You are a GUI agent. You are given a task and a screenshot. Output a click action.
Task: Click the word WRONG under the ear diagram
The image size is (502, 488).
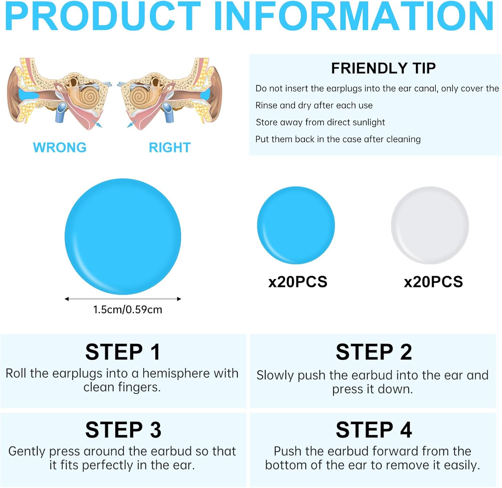(x=60, y=147)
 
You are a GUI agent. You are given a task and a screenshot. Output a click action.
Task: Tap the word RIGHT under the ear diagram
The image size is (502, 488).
(x=170, y=147)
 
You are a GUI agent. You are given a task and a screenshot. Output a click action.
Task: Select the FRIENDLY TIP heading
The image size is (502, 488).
(x=383, y=68)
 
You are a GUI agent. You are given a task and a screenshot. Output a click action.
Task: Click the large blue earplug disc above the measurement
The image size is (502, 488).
(x=123, y=236)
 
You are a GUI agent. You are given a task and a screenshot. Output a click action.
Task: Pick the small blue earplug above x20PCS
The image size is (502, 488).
(x=296, y=225)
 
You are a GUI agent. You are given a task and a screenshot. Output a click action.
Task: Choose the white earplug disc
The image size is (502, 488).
(x=430, y=225)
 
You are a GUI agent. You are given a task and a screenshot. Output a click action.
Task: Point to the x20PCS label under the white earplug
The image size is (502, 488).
(x=433, y=282)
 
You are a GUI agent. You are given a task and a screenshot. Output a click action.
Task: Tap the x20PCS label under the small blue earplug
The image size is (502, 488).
(x=298, y=282)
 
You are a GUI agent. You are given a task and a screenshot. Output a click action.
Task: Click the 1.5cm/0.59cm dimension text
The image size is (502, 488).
(x=128, y=309)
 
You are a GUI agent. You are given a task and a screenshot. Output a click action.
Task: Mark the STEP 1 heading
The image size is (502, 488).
(x=123, y=352)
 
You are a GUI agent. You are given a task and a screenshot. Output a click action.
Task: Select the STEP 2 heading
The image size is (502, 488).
(x=374, y=352)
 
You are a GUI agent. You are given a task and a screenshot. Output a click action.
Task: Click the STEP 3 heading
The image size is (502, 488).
(x=123, y=430)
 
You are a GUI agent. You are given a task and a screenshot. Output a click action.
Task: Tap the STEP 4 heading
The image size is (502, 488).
(x=374, y=430)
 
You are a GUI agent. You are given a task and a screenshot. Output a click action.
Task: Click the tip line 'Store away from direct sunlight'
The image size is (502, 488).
(x=320, y=122)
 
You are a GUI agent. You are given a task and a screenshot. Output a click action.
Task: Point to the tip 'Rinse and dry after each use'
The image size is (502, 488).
(x=314, y=106)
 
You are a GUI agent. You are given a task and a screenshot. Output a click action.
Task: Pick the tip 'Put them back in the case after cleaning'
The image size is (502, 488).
(x=338, y=139)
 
